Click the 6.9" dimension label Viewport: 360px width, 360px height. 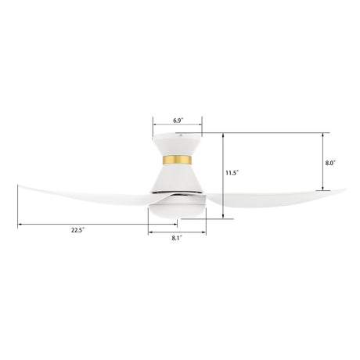click(x=178, y=121)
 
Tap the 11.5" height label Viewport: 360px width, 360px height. click(x=232, y=172)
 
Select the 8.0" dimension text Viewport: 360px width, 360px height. click(x=330, y=163)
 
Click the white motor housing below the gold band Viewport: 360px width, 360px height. click(x=178, y=178)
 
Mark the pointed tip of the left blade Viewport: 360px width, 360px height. click(x=16, y=186)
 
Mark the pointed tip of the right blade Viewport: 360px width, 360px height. click(x=345, y=188)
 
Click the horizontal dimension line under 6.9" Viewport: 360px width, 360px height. click(x=178, y=128)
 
